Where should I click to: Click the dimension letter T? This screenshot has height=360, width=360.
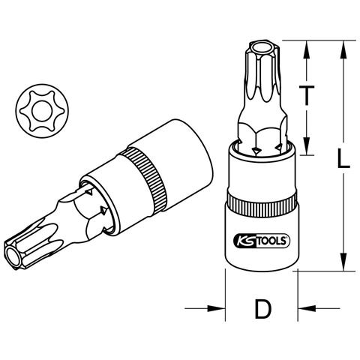pos(307,95)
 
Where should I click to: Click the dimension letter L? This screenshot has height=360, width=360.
pos(343,157)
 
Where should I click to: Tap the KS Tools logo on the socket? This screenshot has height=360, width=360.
pos(262,241)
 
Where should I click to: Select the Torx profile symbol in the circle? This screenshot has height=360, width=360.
pos(42,111)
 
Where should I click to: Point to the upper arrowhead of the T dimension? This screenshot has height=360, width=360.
pos(307,49)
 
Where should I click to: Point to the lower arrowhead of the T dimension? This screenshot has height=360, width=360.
pos(307,145)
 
